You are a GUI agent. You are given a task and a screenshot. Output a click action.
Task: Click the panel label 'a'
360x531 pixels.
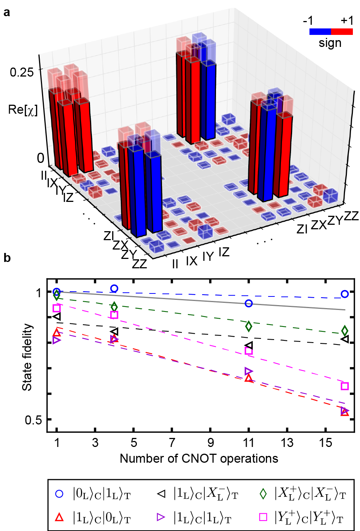coord(6,13)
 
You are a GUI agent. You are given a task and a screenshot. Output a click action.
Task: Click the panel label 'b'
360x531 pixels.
coord(7,258)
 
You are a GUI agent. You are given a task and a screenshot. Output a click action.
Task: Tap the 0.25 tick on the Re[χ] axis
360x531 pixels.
coord(22,72)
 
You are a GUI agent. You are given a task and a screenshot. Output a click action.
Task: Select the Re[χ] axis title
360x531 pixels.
coord(23,110)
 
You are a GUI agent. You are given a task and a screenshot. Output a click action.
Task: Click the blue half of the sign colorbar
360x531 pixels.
coord(320,32)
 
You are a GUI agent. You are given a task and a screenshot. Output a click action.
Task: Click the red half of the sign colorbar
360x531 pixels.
coord(342,32)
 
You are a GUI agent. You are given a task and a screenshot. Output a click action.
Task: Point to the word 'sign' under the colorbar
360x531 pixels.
coord(330,43)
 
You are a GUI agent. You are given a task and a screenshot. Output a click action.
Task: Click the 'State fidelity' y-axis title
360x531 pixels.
coord(27,357)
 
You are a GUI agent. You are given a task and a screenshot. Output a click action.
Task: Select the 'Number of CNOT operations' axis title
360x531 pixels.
coord(199,458)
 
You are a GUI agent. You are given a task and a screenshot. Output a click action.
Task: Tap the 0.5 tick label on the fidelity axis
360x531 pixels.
coord(33,420)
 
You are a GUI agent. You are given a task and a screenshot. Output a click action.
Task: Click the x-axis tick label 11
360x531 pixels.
coord(249,443)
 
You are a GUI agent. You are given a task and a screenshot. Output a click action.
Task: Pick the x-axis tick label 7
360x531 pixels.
coord(172,443)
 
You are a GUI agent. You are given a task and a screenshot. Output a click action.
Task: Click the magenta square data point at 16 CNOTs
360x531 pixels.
coord(345,386)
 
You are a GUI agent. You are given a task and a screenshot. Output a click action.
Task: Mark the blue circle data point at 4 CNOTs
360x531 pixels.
coord(114,289)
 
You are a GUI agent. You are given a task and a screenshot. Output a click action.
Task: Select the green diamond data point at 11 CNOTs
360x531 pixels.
coord(249,326)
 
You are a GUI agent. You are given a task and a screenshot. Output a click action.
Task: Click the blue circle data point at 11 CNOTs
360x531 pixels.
coord(249,303)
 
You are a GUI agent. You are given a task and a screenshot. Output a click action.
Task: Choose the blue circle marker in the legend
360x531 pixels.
coord(59,494)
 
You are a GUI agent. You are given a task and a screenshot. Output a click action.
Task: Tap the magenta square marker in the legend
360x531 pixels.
coord(263,517)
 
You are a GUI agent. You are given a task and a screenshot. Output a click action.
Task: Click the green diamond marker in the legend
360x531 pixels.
coord(263,494)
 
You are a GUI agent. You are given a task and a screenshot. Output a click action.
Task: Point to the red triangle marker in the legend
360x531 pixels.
coord(59,517)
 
